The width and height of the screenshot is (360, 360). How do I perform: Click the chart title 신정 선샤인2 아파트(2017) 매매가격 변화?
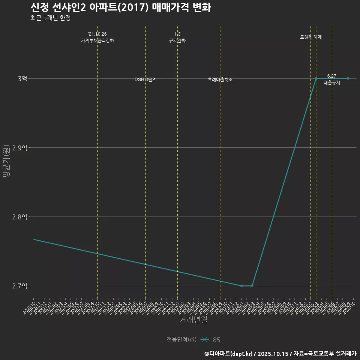[120, 7]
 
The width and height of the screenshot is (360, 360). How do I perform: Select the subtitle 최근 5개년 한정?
[50, 18]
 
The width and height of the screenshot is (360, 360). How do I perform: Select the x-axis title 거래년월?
[193, 319]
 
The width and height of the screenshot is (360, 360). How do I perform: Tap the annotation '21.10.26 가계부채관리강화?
[97, 37]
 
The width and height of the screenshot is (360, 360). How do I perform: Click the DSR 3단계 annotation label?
[145, 79]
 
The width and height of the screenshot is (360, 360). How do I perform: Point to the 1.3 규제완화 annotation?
[177, 37]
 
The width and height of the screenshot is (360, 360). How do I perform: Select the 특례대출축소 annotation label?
[220, 79]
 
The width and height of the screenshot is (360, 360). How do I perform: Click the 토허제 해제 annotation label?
[311, 37]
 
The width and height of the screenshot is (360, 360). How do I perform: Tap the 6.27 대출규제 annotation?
[332, 79]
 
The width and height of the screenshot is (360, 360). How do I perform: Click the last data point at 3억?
[348, 78]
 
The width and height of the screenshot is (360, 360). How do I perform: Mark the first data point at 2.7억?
[241, 286]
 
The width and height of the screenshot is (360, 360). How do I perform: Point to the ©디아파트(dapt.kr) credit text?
[229, 354]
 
